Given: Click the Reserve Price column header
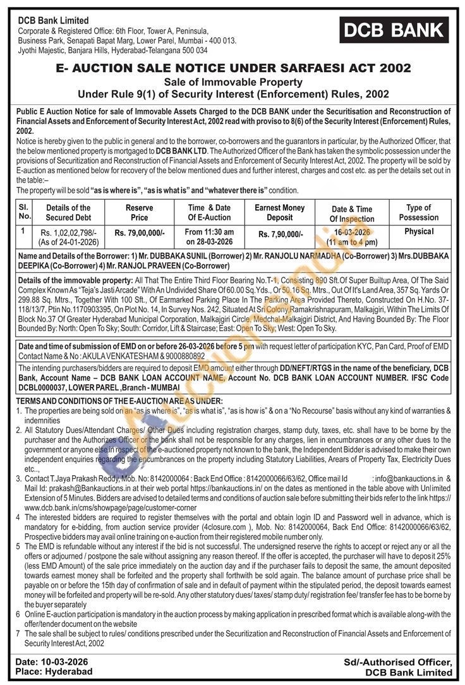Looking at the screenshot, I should pyautogui.click(x=139, y=212).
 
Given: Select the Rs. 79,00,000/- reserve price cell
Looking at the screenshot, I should pyautogui.click(x=139, y=233).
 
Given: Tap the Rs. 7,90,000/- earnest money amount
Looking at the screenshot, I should pyautogui.click(x=280, y=233).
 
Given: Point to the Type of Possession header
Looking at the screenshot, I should pyautogui.click(x=418, y=212).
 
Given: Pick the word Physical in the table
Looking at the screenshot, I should pyautogui.click(x=419, y=231).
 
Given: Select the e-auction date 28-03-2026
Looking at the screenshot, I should pyautogui.click(x=209, y=241).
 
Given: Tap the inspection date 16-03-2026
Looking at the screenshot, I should pyautogui.click(x=353, y=232).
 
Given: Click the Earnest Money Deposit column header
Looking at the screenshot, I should pyautogui.click(x=279, y=212).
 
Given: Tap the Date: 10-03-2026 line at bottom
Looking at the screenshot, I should pyautogui.click(x=52, y=661).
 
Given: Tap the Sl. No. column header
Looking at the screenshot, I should pyautogui.click(x=23, y=212).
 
